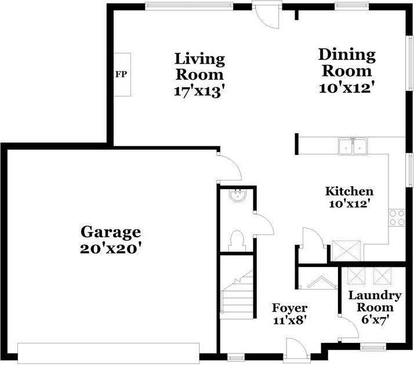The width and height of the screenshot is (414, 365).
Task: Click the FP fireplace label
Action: tap(121, 74)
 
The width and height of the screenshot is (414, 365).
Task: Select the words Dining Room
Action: tap(347, 63)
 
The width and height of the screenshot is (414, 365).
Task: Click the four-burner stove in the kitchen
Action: tap(397, 218)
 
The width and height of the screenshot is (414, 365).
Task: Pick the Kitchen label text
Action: tap(348, 191)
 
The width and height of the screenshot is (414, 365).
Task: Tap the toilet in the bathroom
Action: tap(237, 240)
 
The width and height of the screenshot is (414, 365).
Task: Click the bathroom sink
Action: tap(238, 196)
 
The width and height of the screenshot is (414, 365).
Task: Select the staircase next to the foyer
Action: tap(237, 296)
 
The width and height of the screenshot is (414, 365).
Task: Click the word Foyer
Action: tap(290, 308)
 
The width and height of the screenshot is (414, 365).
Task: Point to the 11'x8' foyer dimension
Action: tap(290, 320)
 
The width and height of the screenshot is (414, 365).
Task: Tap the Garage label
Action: tap(110, 232)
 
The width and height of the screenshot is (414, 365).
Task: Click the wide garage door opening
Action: tap(108, 352)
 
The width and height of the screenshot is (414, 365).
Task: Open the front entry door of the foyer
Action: tap(296, 352)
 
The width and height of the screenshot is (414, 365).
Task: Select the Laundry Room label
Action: tap(374, 301)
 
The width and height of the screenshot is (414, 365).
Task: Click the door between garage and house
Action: tap(229, 167)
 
